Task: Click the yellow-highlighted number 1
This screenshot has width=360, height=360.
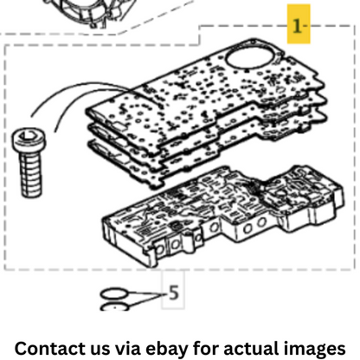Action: point(297,26)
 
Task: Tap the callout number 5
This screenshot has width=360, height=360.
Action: point(173,292)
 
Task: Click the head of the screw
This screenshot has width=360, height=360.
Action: point(29,140)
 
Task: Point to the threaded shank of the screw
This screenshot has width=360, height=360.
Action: point(30,175)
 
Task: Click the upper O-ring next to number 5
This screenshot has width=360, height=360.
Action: point(113,293)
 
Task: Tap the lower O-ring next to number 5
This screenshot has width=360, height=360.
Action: point(114,307)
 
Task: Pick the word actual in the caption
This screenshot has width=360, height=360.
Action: point(251,348)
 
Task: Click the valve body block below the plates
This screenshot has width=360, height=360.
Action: point(222,215)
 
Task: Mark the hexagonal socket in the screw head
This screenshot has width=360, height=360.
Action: point(28,135)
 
